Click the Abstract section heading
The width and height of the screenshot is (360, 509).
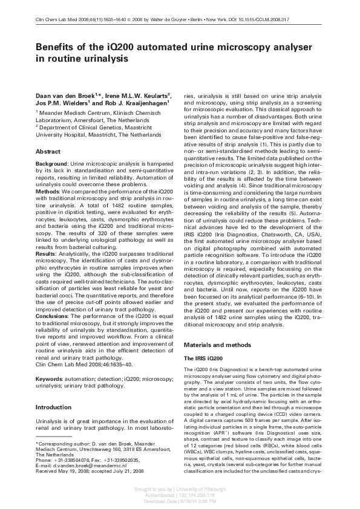(48, 152)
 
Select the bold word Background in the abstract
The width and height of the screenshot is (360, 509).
(51, 164)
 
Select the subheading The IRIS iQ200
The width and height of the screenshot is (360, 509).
(205, 358)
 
